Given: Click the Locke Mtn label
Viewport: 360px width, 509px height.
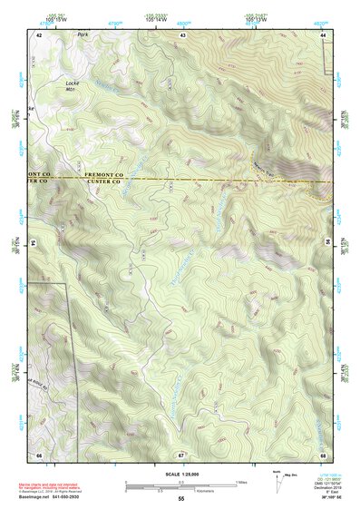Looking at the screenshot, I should pos(73,86).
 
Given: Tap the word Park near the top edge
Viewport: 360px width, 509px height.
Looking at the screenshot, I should pos(84,35).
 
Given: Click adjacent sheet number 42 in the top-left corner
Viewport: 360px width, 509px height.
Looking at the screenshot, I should pos(39,34).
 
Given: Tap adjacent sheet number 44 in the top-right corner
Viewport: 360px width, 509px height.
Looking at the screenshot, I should pos(324,34).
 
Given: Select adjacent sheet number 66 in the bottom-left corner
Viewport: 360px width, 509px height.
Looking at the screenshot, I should pos(39,454).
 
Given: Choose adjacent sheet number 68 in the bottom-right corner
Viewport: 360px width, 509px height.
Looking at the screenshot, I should pos(324,454).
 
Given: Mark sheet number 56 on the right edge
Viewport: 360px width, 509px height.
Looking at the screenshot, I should pos(327,242).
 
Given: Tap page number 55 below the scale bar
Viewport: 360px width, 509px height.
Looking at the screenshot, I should pos(180,499).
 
